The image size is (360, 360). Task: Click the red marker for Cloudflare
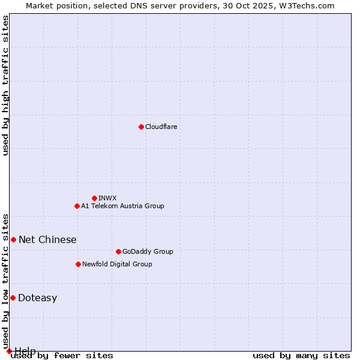[141, 127]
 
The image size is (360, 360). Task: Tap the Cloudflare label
[161, 127]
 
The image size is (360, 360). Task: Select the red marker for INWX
[94, 198]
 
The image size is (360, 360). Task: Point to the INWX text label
[107, 198]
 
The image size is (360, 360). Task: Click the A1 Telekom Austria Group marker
[77, 206]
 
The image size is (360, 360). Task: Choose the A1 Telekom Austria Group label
[122, 206]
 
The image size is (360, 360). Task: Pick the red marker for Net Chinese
[13, 239]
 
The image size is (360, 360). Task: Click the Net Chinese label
[47, 239]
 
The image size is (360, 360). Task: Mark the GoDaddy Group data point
[118, 251]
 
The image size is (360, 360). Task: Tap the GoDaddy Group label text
[148, 251]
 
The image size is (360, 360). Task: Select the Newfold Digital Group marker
[78, 264]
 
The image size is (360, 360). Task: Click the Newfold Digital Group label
[117, 264]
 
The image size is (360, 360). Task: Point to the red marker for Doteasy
[13, 298]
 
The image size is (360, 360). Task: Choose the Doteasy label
[37, 298]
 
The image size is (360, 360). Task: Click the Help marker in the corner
[9, 351]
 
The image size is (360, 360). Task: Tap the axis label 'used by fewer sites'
[62, 356]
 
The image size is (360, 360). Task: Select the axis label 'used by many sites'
[301, 356]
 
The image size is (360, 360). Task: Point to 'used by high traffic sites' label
[5, 85]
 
